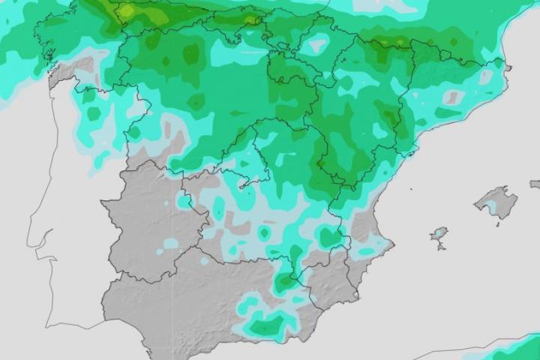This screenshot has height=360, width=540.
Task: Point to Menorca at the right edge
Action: [x=535, y=184]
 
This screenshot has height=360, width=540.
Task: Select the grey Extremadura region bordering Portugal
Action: [x=146, y=225]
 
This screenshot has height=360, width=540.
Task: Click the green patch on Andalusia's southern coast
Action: [x=267, y=325]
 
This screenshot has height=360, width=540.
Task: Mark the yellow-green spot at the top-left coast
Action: [x=127, y=10]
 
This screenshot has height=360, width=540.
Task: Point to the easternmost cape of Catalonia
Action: [x=508, y=68]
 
